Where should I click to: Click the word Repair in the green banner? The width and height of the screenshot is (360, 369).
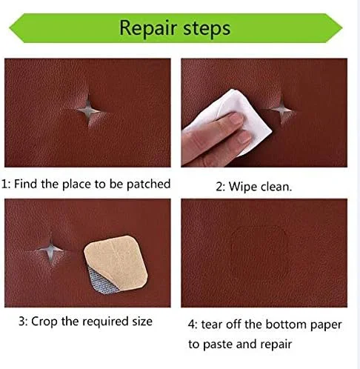tap(148, 28)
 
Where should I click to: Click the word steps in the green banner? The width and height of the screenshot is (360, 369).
tap(207, 29)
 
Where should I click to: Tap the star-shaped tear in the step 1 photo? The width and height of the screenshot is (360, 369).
tap(89, 111)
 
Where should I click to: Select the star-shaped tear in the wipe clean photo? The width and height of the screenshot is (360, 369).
tap(281, 109)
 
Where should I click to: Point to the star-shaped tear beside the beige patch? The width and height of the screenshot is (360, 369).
tap(51, 250)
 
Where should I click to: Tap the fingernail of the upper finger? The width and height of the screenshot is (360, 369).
tap(236, 119)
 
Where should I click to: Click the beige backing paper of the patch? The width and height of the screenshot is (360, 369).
tap(116, 260)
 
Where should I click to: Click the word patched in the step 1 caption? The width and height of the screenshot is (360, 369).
tap(148, 184)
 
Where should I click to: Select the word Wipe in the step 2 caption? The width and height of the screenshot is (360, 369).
tap(243, 187)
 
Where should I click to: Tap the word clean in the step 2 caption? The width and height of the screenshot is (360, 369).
tap(275, 187)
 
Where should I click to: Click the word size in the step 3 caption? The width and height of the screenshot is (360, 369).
tap(142, 322)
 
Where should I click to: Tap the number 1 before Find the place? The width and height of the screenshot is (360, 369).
tap(4, 184)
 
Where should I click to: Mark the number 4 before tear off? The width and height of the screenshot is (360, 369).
tap(191, 325)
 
